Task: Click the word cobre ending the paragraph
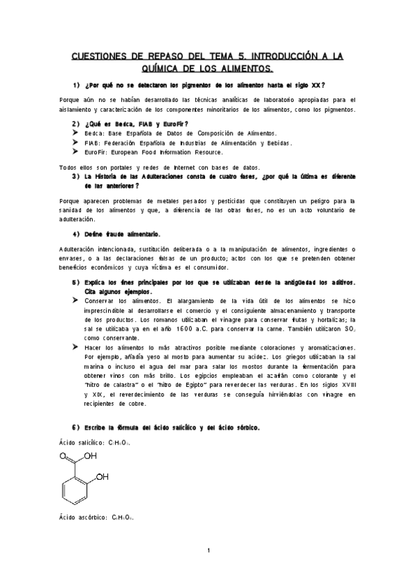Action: (x=126, y=402)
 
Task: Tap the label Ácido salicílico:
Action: (x=79, y=441)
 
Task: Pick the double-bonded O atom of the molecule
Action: (x=64, y=456)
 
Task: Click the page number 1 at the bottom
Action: (x=208, y=550)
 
